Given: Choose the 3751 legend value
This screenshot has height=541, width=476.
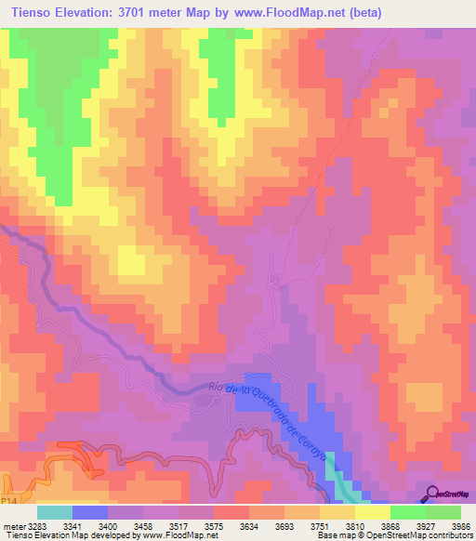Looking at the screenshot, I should pos(300,524).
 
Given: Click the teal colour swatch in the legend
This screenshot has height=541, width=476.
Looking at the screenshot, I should pos(55,511).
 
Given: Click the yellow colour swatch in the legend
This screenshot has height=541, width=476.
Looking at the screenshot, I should pos(373,511).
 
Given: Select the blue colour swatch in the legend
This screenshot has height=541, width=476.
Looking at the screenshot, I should pos(90,511).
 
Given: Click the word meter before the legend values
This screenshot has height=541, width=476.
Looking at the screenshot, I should pos(12,524).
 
